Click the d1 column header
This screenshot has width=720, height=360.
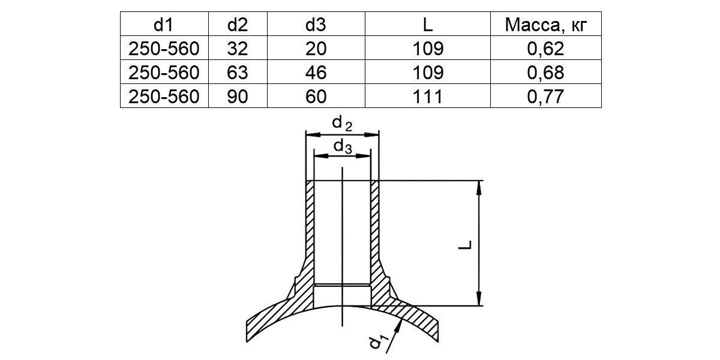pyautogui.click(x=164, y=25)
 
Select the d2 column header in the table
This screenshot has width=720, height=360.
pyautogui.click(x=238, y=25)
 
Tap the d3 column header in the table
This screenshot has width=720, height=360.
pyautogui.click(x=316, y=25)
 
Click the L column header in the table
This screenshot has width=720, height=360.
pyautogui.click(x=428, y=25)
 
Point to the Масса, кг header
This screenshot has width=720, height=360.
pyautogui.click(x=546, y=25)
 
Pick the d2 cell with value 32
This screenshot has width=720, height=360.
pyautogui.click(x=238, y=49)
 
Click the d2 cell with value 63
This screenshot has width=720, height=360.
pyautogui.click(x=238, y=73)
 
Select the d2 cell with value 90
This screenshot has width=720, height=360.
pyautogui.click(x=238, y=97)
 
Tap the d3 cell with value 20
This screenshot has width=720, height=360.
pyautogui.click(x=316, y=49)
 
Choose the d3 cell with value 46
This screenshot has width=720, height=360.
pyautogui.click(x=316, y=73)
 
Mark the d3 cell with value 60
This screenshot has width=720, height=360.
pyautogui.click(x=316, y=97)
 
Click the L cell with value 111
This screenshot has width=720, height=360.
pyautogui.click(x=428, y=97)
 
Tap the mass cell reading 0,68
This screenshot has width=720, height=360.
pyautogui.click(x=545, y=73)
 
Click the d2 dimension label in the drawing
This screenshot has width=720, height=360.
pyautogui.click(x=342, y=124)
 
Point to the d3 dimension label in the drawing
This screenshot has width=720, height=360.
pyautogui.click(x=343, y=147)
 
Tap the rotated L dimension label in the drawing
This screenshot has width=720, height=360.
pyautogui.click(x=465, y=245)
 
